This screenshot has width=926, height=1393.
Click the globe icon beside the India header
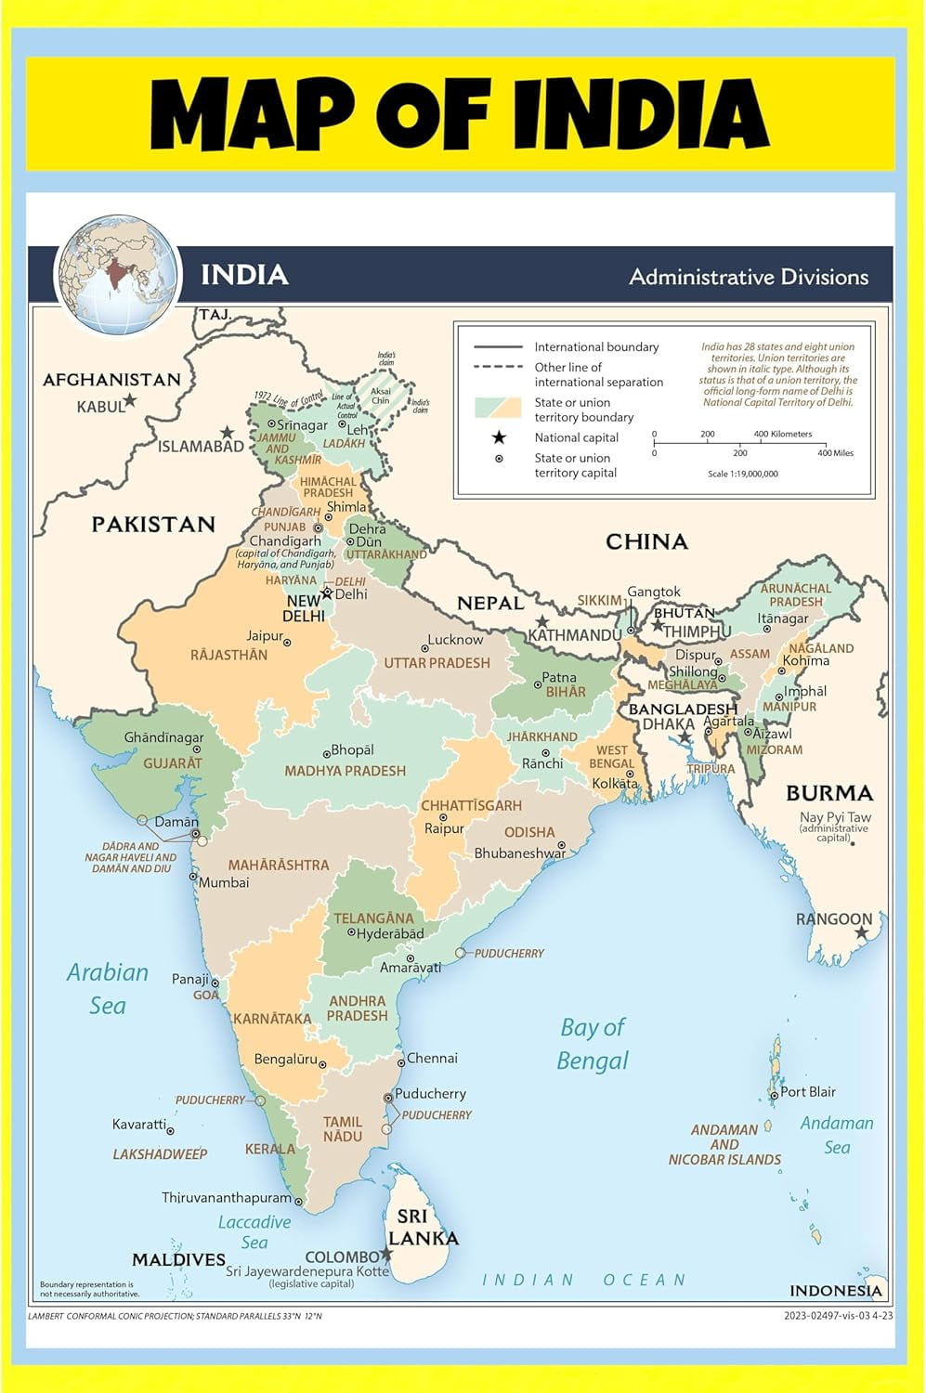click(116, 275)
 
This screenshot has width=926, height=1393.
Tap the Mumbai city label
click(224, 882)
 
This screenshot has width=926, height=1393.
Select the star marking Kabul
click(130, 400)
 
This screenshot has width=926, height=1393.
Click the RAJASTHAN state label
click(228, 655)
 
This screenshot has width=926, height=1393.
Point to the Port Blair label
click(807, 1092)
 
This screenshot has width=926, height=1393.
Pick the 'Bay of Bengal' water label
click(593, 1044)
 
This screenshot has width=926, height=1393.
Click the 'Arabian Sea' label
click(108, 988)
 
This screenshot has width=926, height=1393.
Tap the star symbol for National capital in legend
click(499, 437)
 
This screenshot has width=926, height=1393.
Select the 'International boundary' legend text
click(596, 346)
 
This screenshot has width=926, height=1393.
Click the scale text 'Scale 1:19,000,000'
click(743, 474)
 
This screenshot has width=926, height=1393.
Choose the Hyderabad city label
click(390, 933)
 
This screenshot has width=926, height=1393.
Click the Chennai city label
click(432, 1058)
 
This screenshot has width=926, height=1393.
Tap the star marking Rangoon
click(862, 932)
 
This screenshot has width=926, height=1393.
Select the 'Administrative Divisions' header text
click(749, 277)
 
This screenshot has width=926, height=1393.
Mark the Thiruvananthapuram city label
click(227, 1198)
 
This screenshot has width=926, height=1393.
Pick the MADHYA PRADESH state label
click(345, 771)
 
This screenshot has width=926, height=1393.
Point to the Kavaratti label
click(139, 1125)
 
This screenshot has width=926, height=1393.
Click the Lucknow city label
click(455, 640)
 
